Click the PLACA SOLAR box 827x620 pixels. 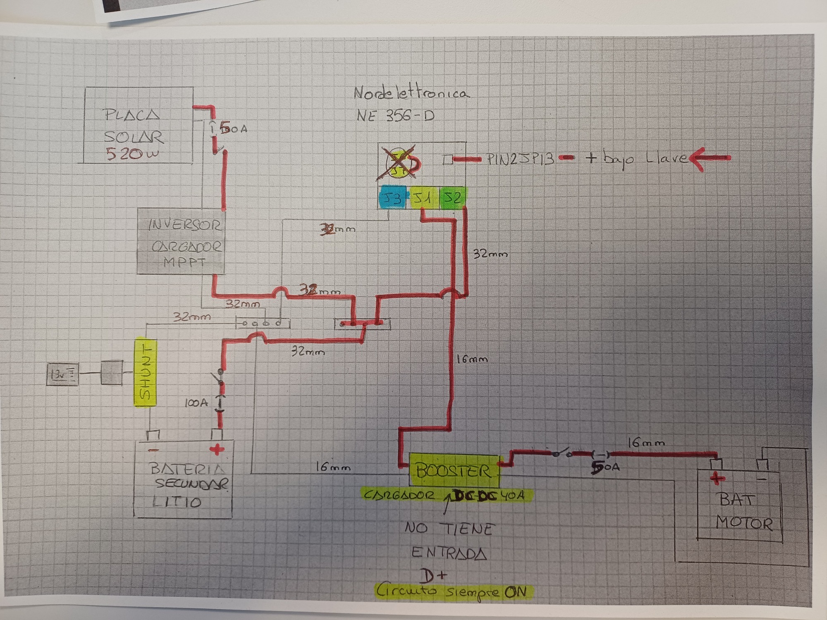click(x=139, y=125)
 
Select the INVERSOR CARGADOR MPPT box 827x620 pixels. click(x=182, y=242)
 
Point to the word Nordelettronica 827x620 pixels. click(x=411, y=93)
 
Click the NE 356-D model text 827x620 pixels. click(x=396, y=116)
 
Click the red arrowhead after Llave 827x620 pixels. click(x=699, y=158)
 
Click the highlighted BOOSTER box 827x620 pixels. click(x=454, y=471)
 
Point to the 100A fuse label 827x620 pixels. click(x=196, y=403)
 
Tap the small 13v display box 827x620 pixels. click(x=62, y=374)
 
